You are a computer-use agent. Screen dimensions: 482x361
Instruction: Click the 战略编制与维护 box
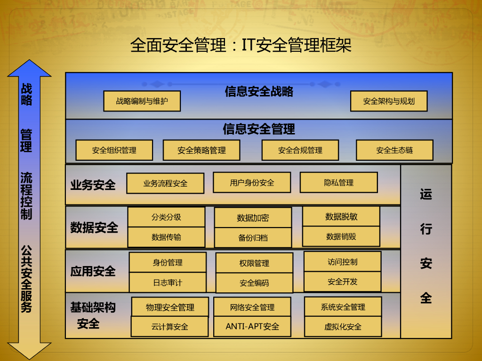(142, 101)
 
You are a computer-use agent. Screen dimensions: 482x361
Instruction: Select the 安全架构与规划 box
(389, 101)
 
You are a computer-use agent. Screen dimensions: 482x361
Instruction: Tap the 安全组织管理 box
(114, 150)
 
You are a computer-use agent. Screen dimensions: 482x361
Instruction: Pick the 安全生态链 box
(394, 150)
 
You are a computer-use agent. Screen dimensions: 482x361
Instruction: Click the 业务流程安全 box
(165, 183)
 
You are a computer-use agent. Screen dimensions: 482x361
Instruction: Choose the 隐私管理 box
(338, 182)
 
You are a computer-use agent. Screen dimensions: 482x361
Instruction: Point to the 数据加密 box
(253, 218)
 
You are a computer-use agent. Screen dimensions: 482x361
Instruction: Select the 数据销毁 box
(341, 236)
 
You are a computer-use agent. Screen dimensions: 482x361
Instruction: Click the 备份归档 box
(253, 237)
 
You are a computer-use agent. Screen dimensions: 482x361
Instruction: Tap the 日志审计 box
(168, 283)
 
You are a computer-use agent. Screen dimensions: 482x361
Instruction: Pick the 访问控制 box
(342, 262)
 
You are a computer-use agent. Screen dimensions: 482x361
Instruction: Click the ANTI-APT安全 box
(252, 326)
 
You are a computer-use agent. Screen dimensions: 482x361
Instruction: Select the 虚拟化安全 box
(343, 327)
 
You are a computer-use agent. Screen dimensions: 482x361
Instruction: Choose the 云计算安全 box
(169, 327)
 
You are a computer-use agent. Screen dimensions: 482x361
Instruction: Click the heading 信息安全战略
(259, 91)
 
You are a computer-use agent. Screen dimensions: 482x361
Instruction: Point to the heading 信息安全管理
(259, 129)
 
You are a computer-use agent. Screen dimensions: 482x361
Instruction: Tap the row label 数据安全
(94, 228)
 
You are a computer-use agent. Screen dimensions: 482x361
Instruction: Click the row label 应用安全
(93, 271)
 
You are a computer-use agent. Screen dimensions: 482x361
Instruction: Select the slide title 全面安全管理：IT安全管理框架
(241, 46)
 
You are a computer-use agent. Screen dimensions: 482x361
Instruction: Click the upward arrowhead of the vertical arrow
(29, 68)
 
